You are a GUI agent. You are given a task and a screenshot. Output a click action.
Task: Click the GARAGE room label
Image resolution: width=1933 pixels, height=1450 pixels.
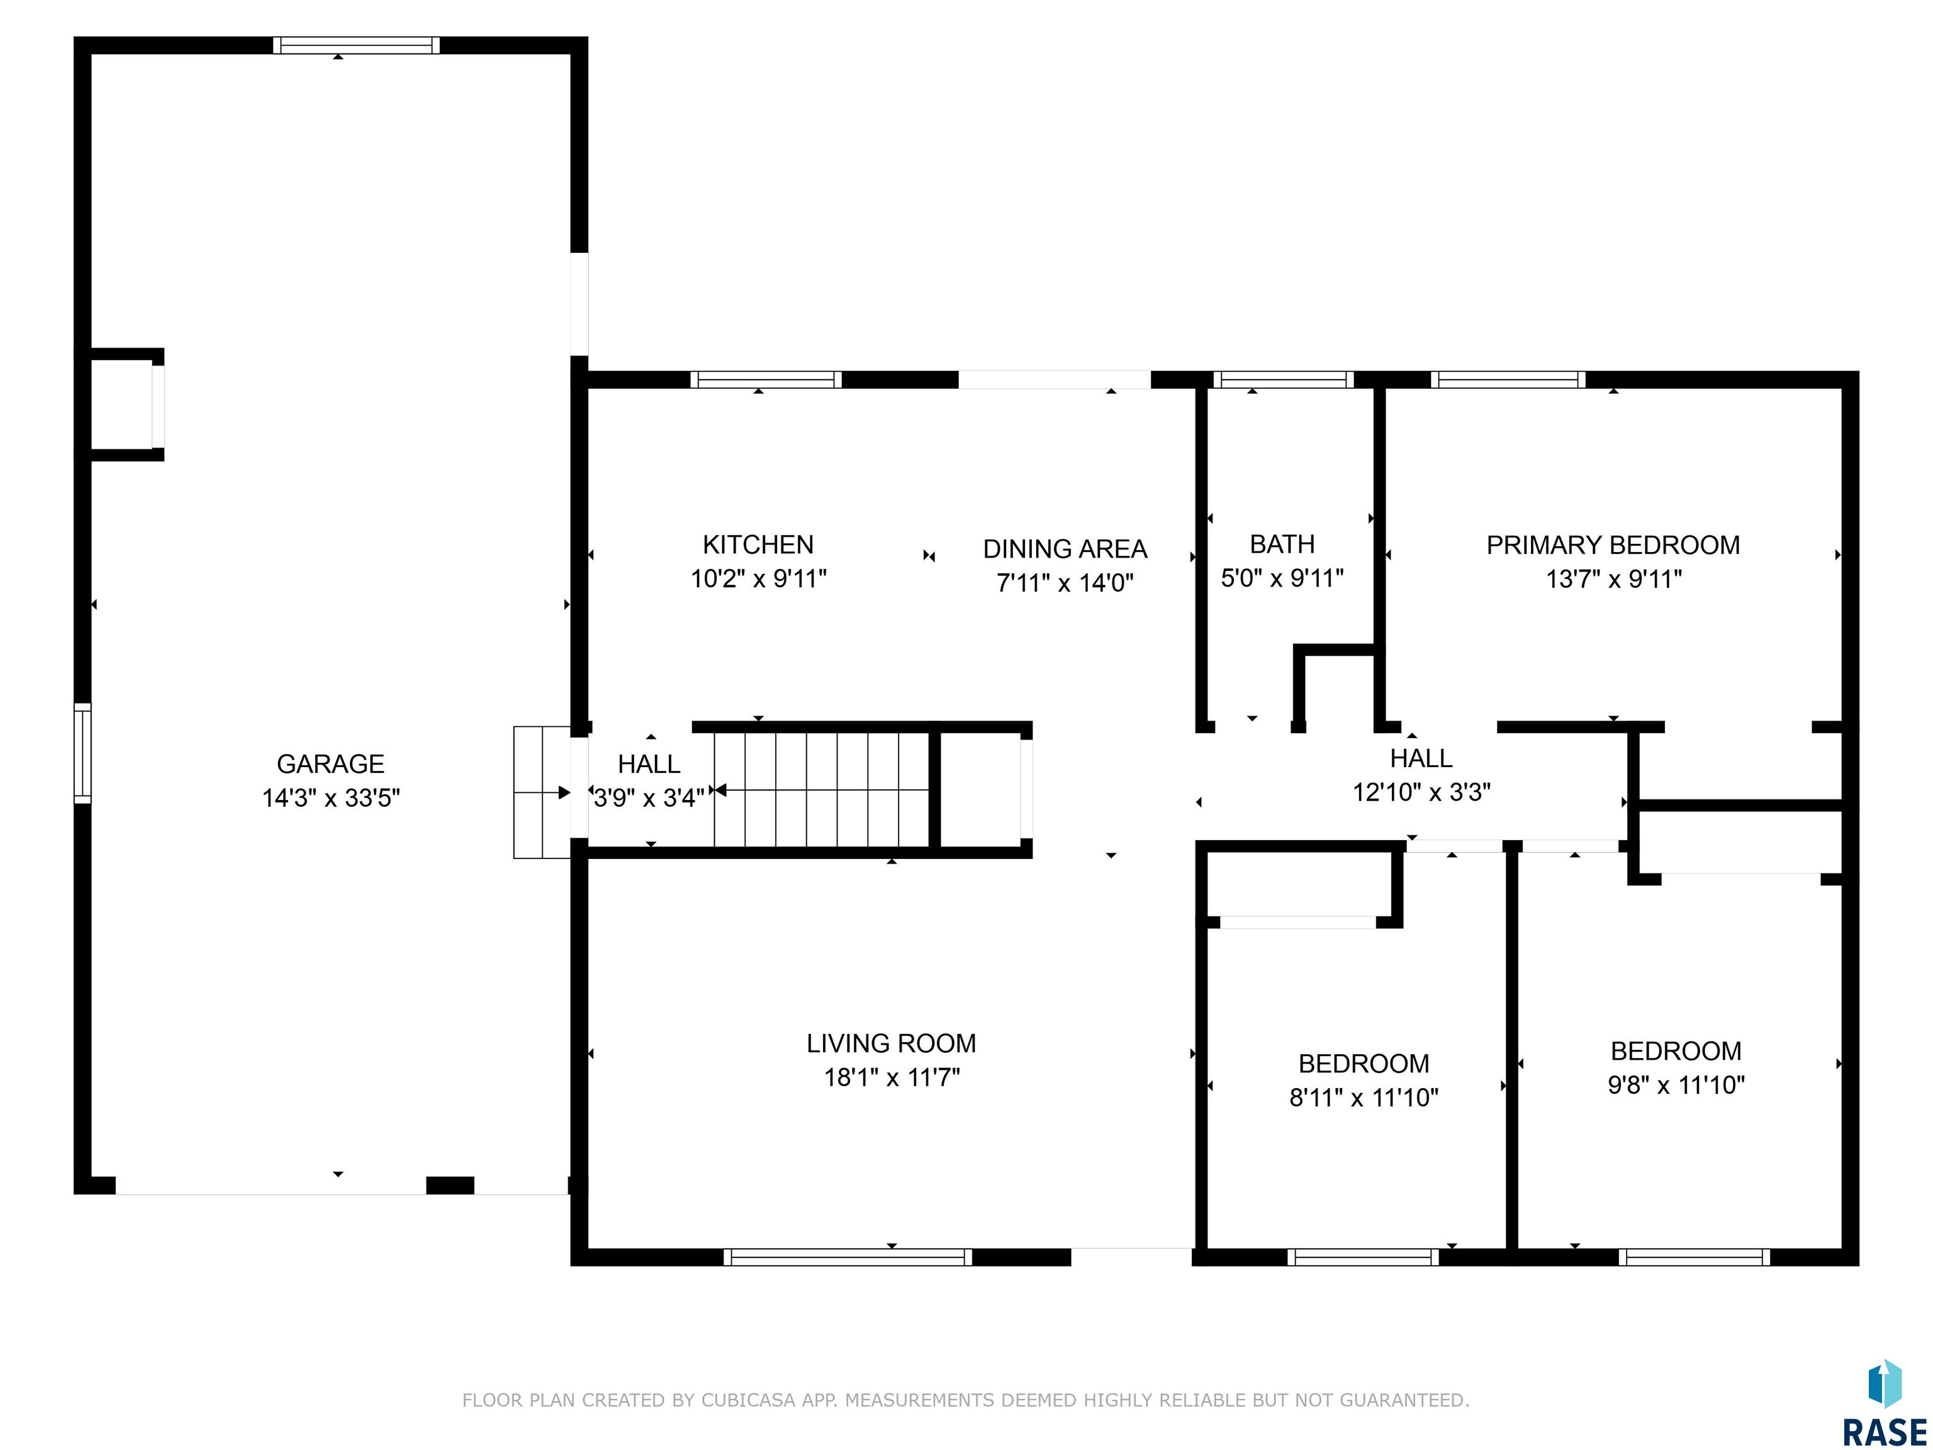point(330,764)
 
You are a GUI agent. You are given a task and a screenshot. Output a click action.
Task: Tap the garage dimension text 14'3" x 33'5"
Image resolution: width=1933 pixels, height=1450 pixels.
point(331,798)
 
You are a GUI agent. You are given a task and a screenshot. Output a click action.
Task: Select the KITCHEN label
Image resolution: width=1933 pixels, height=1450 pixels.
point(758,544)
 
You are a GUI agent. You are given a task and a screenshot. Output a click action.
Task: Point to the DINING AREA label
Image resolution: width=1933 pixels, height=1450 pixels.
point(1065,549)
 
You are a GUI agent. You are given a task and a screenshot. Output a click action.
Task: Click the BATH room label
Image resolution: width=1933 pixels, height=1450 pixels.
point(1282,544)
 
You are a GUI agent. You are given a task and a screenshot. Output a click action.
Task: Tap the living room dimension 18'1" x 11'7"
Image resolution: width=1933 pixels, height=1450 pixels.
point(892,1077)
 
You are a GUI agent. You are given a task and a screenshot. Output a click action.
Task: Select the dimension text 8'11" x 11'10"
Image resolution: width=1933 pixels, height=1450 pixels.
point(1364,1097)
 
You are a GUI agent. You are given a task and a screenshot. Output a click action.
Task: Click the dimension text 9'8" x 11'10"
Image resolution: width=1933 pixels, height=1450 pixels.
point(1676,1084)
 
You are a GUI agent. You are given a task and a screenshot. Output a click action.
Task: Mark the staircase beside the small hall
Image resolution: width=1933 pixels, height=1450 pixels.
point(821,790)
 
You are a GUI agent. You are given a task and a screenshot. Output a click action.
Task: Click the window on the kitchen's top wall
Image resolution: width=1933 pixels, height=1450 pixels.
point(766,379)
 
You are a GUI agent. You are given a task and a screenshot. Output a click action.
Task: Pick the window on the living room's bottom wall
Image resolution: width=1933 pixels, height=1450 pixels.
point(848,1257)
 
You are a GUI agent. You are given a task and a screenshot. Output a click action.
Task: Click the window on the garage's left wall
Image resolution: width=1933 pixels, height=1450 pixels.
point(82,753)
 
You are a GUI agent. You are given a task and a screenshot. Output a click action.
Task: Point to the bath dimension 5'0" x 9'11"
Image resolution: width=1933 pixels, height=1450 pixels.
point(1282,578)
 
